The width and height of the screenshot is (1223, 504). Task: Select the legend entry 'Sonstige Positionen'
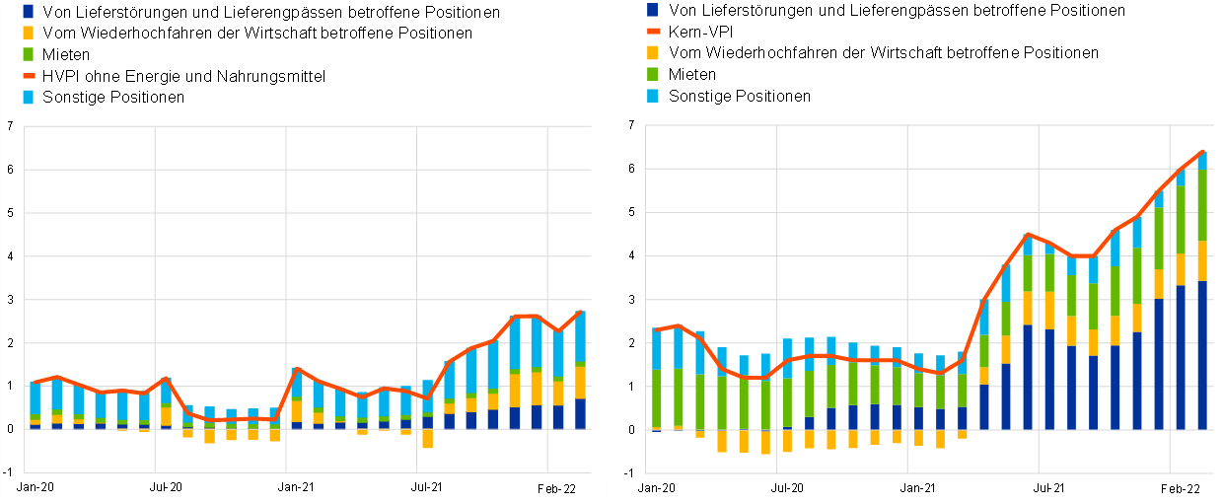(114, 98)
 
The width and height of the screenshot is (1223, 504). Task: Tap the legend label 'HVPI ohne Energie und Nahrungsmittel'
(184, 76)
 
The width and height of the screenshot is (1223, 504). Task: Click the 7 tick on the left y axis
(9, 126)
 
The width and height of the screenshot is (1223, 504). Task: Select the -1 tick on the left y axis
(8, 472)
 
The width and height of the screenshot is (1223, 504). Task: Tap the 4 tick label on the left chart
(9, 255)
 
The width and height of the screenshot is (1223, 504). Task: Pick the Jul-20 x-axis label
(165, 487)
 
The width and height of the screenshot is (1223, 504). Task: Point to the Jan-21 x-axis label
(295, 487)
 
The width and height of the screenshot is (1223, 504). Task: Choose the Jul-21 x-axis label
(426, 487)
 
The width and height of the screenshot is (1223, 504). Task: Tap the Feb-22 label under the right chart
(1180, 489)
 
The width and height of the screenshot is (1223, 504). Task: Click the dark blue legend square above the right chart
(652, 10)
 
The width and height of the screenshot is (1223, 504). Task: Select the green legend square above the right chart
(652, 74)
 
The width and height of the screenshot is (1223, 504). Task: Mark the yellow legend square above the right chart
(652, 52)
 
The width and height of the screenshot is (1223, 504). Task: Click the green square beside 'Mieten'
(28, 55)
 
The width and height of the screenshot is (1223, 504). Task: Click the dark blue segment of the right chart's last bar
(1201, 355)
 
